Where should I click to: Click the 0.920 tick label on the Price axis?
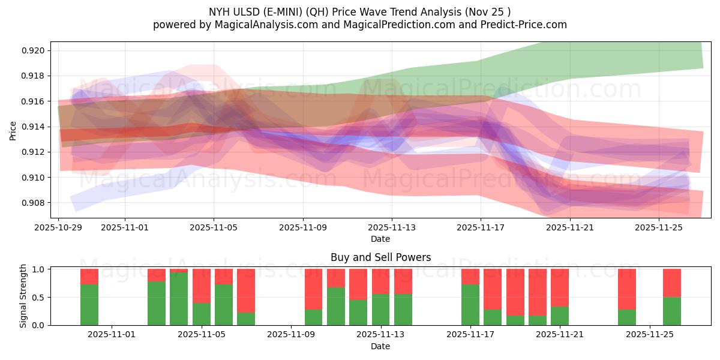point(34,50)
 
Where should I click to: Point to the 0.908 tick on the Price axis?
point(34,203)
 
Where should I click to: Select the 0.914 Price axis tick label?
point(34,127)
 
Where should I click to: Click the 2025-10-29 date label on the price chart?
point(58,227)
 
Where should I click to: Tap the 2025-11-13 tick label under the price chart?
point(391,227)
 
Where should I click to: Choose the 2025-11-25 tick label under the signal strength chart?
point(650,335)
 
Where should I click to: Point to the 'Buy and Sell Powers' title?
point(380,258)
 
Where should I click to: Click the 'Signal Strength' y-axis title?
point(23,296)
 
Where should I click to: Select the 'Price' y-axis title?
point(13,130)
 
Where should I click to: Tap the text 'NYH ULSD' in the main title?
point(231,12)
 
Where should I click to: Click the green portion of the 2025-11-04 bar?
point(179,299)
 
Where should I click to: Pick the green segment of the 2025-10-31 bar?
point(89,305)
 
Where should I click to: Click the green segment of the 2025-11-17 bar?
point(470,305)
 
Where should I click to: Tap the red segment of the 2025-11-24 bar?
point(627,289)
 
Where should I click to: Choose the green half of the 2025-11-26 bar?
point(672,311)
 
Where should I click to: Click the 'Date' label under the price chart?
point(380,239)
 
